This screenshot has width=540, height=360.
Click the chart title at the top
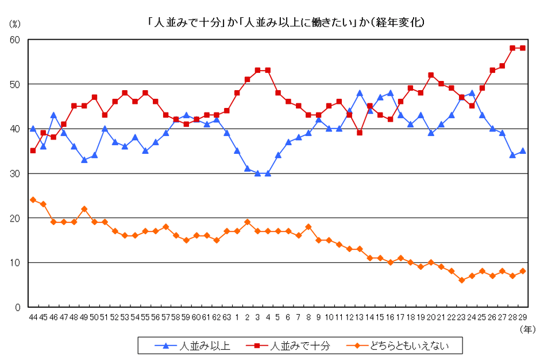pos(286,23)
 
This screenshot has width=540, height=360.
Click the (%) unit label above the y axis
pos(14,24)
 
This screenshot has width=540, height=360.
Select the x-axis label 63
pos(227,317)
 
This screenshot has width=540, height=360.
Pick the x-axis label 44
pos(33,317)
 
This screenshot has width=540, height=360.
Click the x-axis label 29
pos(522,317)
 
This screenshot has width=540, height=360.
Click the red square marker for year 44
pos(33,151)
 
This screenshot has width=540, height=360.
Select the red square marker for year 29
pos(522,48)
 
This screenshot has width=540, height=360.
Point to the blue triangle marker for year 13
pos(360,93)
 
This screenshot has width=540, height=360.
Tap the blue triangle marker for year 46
pos(53,115)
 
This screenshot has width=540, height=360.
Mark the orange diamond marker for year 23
pos(461,280)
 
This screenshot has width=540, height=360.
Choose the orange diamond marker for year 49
pos(84,209)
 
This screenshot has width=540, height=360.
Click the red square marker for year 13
pos(360,133)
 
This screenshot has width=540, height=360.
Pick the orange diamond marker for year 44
pos(33,200)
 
